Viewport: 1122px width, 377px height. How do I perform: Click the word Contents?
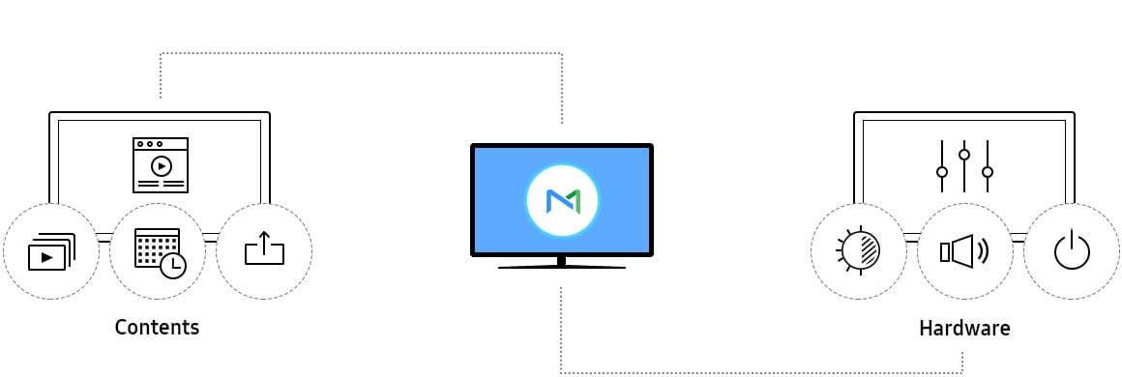pyautogui.click(x=157, y=328)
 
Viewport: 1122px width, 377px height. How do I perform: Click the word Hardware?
pyautogui.click(x=964, y=329)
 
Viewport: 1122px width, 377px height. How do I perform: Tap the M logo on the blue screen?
pyautogui.click(x=562, y=201)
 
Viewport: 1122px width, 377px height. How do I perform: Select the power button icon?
pyautogui.click(x=1071, y=251)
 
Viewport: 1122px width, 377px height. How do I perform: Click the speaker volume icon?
pyautogui.click(x=964, y=251)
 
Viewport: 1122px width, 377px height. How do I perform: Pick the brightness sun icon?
pyautogui.click(x=858, y=251)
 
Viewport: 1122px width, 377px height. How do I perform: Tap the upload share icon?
pyautogui.click(x=264, y=248)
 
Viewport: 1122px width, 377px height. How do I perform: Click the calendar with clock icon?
pyautogui.click(x=160, y=252)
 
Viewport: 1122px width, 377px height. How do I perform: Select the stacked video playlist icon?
pyautogui.click(x=51, y=251)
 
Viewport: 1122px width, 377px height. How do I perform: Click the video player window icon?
pyautogui.click(x=161, y=165)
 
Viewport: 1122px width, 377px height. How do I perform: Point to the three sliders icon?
pyautogui.click(x=964, y=166)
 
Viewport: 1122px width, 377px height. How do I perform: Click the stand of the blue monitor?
pyautogui.click(x=562, y=262)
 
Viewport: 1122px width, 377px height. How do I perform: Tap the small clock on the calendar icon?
pyautogui.click(x=173, y=266)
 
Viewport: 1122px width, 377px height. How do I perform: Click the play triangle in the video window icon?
pyautogui.click(x=162, y=166)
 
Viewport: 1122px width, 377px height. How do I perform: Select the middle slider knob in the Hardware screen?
pyautogui.click(x=964, y=154)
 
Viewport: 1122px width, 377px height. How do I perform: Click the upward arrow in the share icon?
pyautogui.click(x=264, y=242)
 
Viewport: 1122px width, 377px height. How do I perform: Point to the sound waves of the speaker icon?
pyautogui.click(x=982, y=251)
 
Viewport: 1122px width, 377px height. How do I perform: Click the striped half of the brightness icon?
pyautogui.click(x=871, y=251)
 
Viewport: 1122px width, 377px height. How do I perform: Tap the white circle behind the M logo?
pyautogui.click(x=562, y=201)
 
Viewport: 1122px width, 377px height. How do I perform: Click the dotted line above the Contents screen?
pyautogui.click(x=361, y=53)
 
